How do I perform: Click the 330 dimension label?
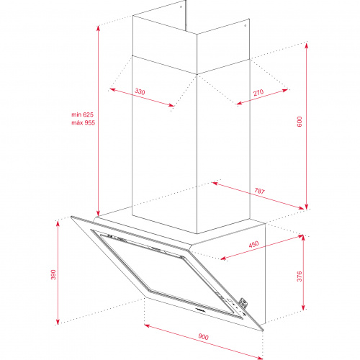tap(140, 91)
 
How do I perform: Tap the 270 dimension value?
tap(258, 92)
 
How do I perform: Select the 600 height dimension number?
tap(300, 122)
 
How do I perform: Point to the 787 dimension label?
tap(259, 191)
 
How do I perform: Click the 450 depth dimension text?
tap(253, 244)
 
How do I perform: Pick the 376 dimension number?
tap(300, 276)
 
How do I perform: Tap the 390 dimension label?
tap(53, 274)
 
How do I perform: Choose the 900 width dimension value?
tap(203, 336)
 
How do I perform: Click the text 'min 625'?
tap(82, 114)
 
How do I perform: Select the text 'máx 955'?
tap(83, 122)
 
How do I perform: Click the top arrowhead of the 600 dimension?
tap(306, 45)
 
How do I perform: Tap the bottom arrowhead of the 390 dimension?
tap(58, 321)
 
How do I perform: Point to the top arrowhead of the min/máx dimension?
tap(98, 29)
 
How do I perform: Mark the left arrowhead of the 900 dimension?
tap(147, 325)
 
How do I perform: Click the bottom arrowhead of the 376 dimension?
tap(303, 307)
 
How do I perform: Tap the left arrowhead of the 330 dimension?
tap(112, 90)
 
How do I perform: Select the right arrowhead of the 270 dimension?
tap(285, 90)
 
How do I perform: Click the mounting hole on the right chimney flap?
tap(245, 25)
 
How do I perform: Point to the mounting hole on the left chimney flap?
tap(181, 6)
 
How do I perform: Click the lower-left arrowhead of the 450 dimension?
tap(223, 258)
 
